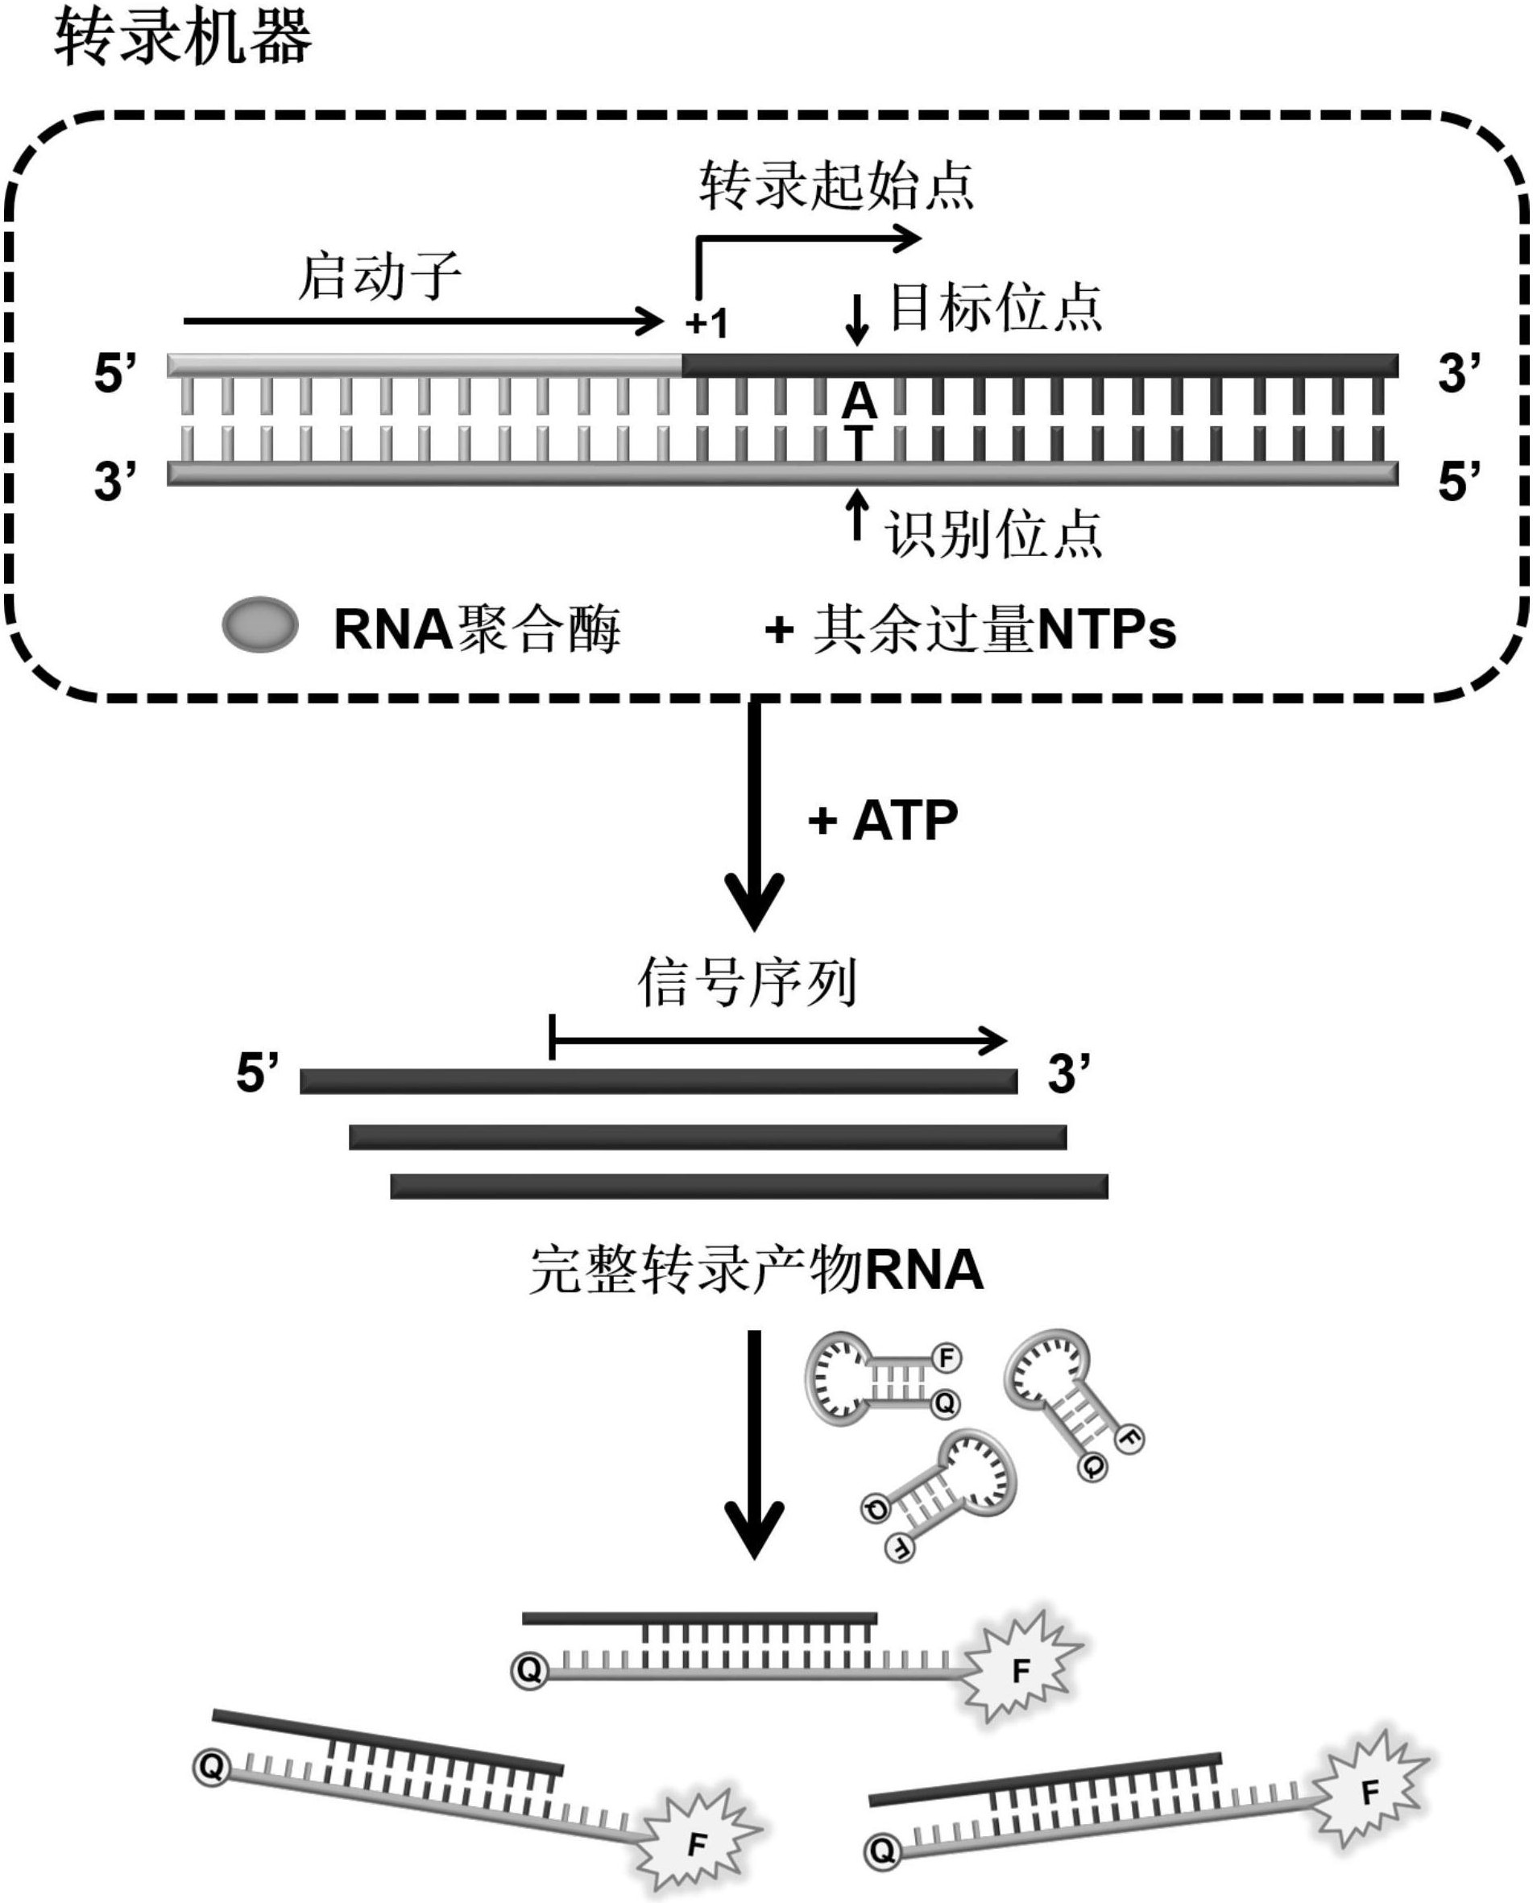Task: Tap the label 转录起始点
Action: [835, 186]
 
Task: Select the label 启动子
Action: [379, 276]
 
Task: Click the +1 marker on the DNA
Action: [707, 324]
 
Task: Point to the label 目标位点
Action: [995, 309]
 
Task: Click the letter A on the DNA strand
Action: [859, 403]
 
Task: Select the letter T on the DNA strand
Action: [859, 441]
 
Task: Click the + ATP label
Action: [883, 820]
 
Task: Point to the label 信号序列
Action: [747, 983]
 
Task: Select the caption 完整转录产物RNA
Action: [756, 1271]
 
